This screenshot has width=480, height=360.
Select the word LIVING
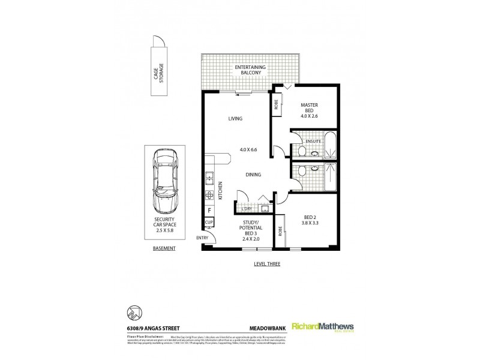[235, 119]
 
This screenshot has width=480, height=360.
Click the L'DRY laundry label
[247, 209]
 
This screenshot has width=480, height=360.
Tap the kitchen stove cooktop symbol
[210, 195]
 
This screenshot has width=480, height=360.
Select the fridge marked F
[209, 211]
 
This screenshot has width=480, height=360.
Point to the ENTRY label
[203, 238]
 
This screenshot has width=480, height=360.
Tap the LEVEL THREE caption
[267, 263]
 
